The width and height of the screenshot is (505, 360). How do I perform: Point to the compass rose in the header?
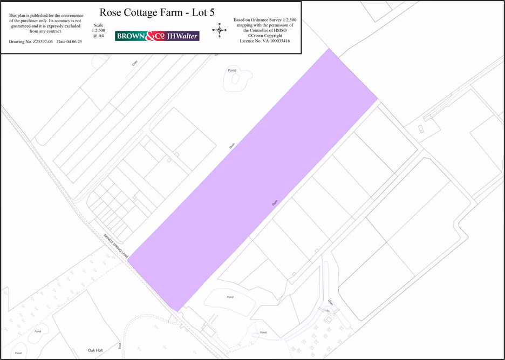[x=220, y=30]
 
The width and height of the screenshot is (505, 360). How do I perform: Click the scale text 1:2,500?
[x=98, y=31]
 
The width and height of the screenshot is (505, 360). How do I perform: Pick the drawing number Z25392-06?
[x=42, y=42]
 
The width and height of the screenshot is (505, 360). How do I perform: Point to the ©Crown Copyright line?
[x=264, y=36]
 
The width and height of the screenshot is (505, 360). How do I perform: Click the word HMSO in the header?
[x=285, y=30]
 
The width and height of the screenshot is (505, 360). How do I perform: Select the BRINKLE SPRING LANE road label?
[x=115, y=246]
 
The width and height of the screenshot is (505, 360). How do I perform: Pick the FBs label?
[x=327, y=311]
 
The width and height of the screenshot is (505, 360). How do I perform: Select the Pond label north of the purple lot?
[x=232, y=70]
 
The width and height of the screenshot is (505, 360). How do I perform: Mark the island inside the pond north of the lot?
[x=235, y=78]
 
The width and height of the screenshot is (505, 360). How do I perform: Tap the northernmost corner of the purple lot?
[x=329, y=49]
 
